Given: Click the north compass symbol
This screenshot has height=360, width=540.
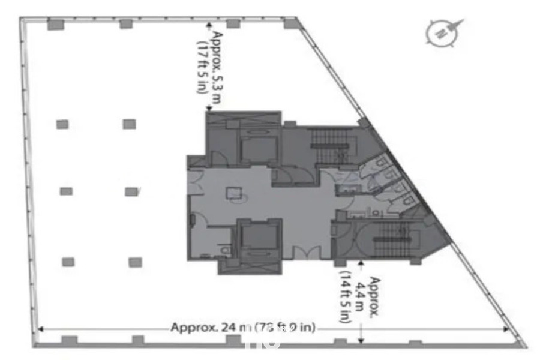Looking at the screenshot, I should click(x=445, y=31).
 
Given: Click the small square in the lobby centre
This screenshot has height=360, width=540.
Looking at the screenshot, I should click(x=233, y=193).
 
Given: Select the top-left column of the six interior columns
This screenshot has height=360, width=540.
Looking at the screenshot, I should click(x=62, y=124).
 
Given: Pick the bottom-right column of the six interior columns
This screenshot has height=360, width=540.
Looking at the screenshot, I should click(x=135, y=262).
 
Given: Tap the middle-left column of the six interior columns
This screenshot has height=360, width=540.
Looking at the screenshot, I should click(x=66, y=191).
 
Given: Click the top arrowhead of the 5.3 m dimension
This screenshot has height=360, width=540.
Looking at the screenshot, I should click(x=209, y=26).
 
